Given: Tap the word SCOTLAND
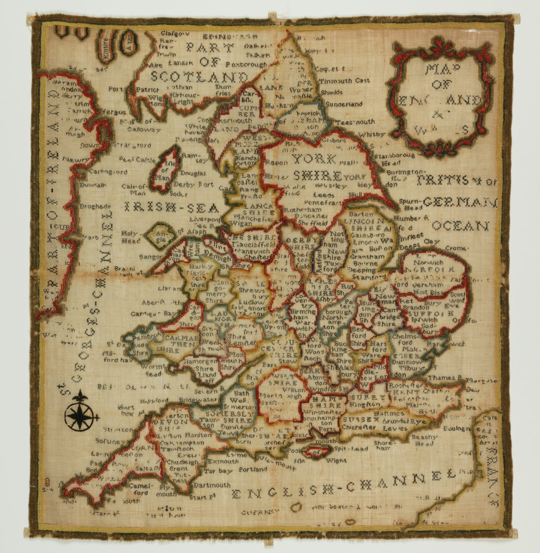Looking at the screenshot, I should pyautogui.click(x=199, y=76).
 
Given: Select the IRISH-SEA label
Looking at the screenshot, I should pyautogui.click(x=175, y=208).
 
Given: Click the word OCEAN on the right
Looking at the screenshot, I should pyautogui.click(x=460, y=225).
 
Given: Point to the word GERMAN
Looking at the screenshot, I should pyautogui.click(x=460, y=202).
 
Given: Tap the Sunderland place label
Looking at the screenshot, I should pyautogui.click(x=344, y=104).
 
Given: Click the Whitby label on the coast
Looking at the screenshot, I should pyautogui.click(x=371, y=134).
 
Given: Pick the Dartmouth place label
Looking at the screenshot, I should pyautogui.click(x=212, y=485).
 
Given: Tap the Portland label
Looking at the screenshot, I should pyautogui.click(x=253, y=469).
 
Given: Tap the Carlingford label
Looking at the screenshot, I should pyautogui.click(x=103, y=172).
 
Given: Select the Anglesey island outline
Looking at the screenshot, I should pyautogui.click(x=159, y=236).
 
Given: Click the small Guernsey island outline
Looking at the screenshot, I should pyautogui.click(x=296, y=506).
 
